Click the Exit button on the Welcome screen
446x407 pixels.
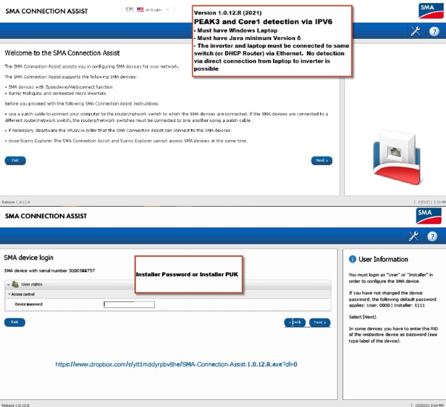coord(15,160)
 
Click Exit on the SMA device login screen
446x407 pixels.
coord(15,322)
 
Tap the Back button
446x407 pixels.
coord(294,322)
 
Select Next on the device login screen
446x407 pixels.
coord(319,322)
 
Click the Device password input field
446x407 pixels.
coord(129,304)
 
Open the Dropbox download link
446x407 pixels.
coord(177,365)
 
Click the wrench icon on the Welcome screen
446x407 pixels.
coord(415,31)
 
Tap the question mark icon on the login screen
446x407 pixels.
coord(433,236)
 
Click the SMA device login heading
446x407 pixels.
coord(28,257)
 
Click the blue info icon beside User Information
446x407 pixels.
coord(352,259)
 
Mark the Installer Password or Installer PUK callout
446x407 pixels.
coord(188,274)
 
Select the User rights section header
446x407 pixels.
coord(31,284)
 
